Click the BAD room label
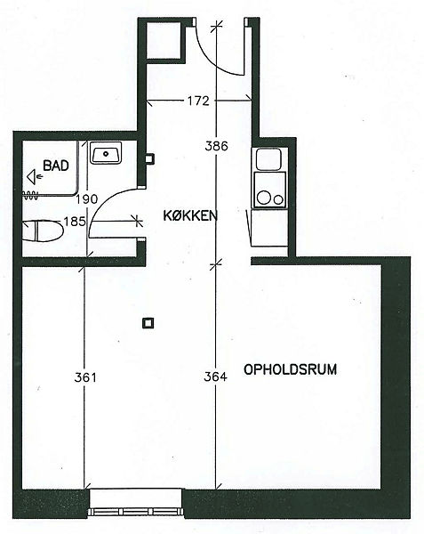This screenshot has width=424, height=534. coord(56,166)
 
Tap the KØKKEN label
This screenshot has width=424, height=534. coord(190,215)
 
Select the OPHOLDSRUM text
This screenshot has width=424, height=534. coord(291,369)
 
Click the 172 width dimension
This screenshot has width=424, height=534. coord(198,101)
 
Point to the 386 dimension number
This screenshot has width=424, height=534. coord(216,146)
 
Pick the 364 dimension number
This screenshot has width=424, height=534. coord(216,376)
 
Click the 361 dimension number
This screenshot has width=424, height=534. coord(85,377)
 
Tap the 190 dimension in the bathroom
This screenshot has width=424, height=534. coord(87,199)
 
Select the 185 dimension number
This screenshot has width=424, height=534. coord(75,222)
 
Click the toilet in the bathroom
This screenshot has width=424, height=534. coord(43,231)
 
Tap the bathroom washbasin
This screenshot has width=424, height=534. coord(106,153)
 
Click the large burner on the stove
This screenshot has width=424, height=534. coord(264,198)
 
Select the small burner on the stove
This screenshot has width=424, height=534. coord(278,200)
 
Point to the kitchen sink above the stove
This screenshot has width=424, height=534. coord(268,159)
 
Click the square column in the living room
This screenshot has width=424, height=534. coord(148,323)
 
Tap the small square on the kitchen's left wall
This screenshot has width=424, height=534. coord(149,158)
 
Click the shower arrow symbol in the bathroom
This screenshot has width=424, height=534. coord(35,177)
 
